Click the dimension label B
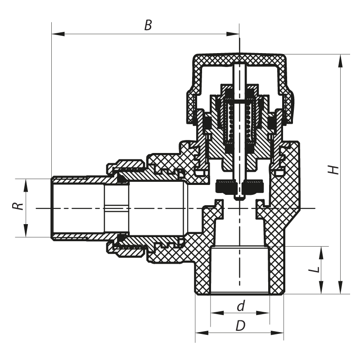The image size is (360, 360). click(148, 25)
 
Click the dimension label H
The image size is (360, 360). click(333, 170)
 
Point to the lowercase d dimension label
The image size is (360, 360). click(241, 306)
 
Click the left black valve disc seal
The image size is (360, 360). click(226, 186)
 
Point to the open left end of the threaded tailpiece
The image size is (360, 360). click(52, 207)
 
